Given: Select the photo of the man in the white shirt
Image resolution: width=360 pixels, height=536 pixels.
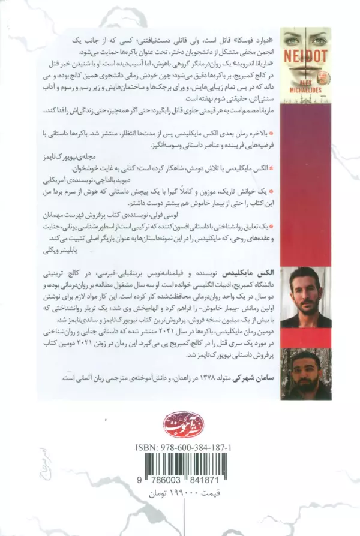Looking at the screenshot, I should [305, 297].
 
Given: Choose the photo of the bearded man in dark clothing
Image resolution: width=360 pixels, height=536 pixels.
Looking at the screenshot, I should [305, 372].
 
